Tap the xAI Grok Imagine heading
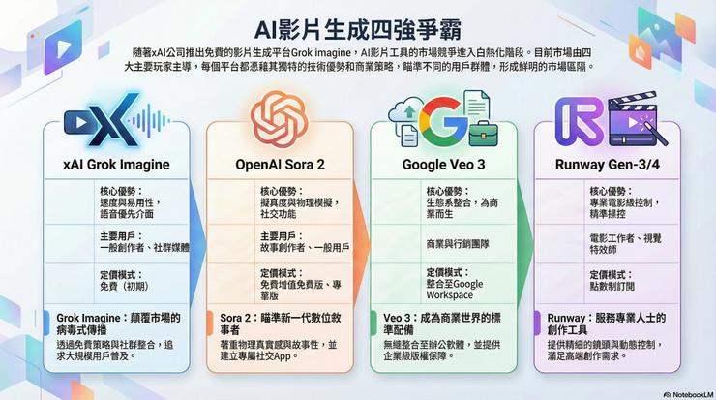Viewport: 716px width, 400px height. tap(115, 165)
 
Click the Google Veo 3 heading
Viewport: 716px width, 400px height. tap(445, 165)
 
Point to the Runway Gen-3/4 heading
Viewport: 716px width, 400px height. tap(607, 165)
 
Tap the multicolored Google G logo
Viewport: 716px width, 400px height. tap(444, 117)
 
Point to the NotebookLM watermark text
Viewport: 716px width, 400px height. tap(688, 393)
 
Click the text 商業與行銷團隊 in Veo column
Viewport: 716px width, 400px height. tap(459, 244)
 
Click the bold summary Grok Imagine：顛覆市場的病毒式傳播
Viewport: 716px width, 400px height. tap(115, 323)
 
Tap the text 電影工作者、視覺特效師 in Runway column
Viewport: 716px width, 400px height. tap(626, 243)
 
